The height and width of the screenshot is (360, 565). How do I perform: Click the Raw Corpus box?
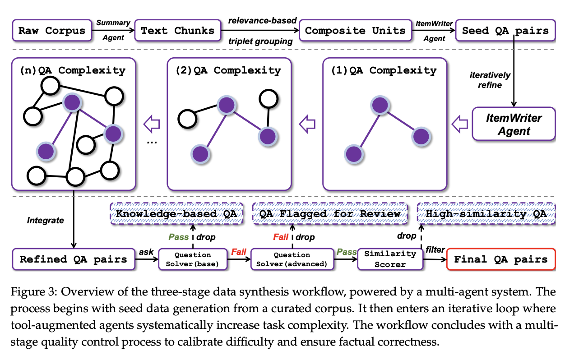point(51,31)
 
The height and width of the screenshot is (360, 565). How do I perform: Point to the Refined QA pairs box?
point(73,259)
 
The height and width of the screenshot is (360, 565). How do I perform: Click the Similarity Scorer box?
point(390,259)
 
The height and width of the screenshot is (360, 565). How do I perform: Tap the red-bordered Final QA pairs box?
point(500,259)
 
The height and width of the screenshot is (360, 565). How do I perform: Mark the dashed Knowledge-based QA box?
point(176,213)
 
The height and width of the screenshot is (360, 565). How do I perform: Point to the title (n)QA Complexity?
point(72,70)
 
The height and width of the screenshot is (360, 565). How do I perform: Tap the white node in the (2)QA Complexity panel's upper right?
point(269,96)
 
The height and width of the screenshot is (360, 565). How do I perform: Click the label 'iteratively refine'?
point(490,80)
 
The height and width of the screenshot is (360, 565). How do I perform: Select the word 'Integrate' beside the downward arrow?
point(46,221)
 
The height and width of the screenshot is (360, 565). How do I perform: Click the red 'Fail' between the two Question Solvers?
point(239,252)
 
